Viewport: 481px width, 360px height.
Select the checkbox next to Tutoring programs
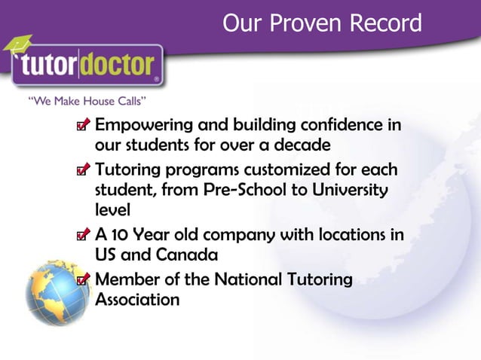pyautogui.click(x=85, y=172)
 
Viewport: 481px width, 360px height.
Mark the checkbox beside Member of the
pyautogui.click(x=85, y=282)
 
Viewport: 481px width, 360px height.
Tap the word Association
pyautogui.click(x=137, y=299)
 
